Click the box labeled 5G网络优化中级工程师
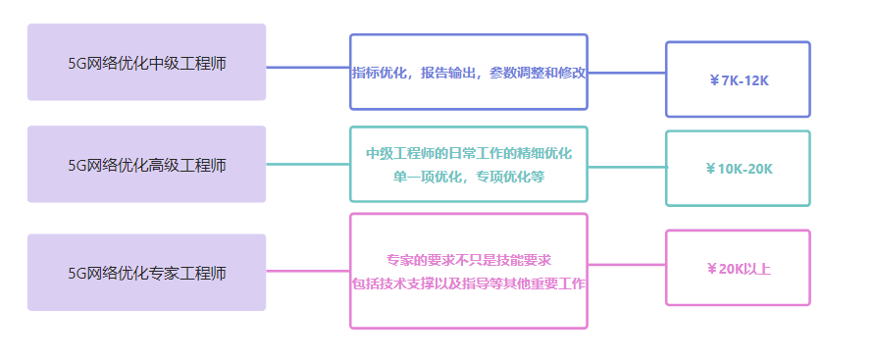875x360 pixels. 146,63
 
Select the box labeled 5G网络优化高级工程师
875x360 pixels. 146,165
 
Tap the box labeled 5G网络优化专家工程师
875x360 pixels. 146,273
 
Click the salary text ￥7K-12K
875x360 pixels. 739,80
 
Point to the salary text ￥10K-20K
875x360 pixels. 739,169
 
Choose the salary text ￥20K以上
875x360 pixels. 739,268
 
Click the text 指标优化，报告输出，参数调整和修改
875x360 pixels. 469,73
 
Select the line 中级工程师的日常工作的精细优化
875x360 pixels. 469,153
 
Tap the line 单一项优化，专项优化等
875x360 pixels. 469,177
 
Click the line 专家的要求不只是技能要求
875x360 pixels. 469,260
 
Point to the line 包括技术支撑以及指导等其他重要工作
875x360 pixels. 469,284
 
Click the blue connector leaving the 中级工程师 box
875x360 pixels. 308,68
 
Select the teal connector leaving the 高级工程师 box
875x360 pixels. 308,164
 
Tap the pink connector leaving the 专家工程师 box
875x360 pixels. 308,271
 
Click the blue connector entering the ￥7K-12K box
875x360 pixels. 627,73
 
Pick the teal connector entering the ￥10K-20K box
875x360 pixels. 627,168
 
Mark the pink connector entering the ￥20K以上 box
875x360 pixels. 627,265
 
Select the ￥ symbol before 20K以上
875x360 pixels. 712,268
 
